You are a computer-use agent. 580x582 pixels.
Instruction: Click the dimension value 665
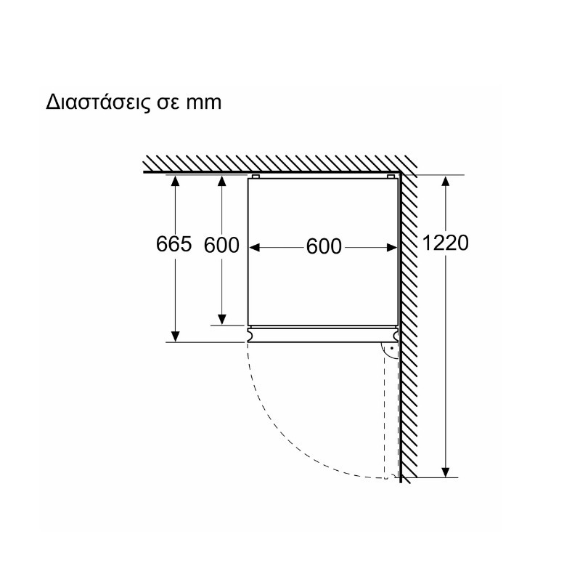173,244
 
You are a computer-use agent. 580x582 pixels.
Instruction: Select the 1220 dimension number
446,243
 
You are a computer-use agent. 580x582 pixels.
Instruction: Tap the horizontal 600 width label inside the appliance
324,246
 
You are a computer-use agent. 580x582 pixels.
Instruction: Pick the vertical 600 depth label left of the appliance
221,245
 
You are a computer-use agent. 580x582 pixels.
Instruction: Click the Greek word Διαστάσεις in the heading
97,102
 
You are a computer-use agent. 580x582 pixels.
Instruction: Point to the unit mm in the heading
203,103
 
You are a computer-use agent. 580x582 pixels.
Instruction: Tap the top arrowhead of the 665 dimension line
176,180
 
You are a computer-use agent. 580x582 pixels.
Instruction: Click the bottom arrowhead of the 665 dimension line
176,336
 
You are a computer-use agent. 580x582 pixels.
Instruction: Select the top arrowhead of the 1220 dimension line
446,181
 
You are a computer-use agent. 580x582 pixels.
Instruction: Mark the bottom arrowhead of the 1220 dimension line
446,472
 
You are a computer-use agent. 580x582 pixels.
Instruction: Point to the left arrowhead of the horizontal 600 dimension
254,248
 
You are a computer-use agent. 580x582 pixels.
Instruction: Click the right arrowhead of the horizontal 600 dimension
391,248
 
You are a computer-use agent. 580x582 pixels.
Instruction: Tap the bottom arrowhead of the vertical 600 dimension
222,319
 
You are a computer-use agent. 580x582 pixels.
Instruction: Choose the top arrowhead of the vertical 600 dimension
222,181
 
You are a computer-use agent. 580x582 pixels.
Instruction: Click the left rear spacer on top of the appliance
256,177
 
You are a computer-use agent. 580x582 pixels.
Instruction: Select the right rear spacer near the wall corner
391,177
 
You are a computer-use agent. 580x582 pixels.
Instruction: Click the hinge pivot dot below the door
391,349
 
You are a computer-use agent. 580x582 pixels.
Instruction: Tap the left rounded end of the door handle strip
250,334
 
